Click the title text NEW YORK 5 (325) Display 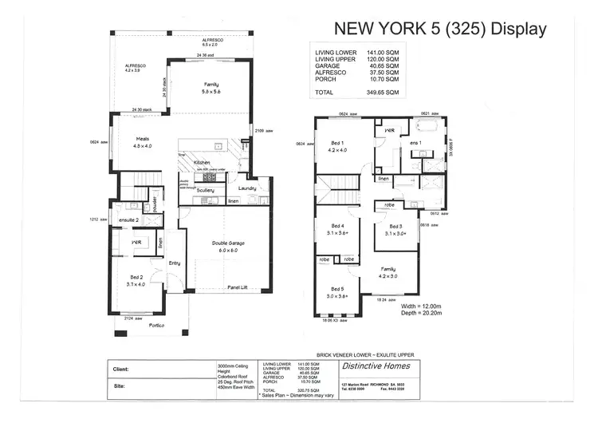pos(440,30)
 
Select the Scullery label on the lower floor pos(206,190)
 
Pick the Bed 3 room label pos(395,230)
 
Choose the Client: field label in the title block pos(122,369)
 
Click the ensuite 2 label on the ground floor pos(129,219)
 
